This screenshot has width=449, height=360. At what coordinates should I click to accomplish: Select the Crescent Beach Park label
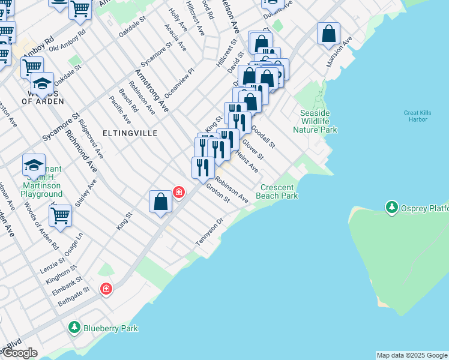[277, 191]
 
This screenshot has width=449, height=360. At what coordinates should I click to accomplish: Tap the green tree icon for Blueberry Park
[74, 328]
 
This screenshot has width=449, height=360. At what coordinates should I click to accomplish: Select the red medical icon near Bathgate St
[106, 289]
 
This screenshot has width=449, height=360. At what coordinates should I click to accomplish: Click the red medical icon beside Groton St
[178, 192]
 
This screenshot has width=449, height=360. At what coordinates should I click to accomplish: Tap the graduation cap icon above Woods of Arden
[43, 83]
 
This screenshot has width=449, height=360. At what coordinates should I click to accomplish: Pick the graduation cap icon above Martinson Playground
[34, 164]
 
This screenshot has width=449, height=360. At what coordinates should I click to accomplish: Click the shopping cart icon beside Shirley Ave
[60, 215]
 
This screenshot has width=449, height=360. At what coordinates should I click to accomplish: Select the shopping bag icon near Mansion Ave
[328, 34]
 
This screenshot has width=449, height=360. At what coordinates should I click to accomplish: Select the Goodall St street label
[263, 136]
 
